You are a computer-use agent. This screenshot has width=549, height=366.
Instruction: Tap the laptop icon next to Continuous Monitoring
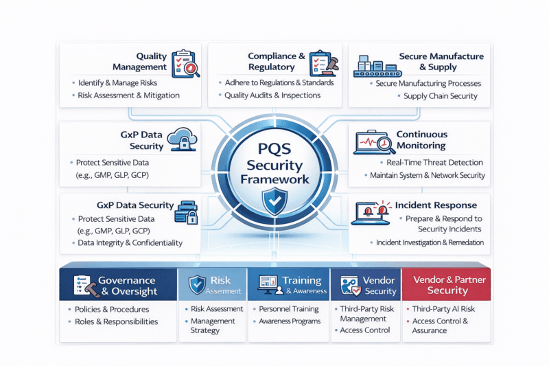click(x=373, y=143)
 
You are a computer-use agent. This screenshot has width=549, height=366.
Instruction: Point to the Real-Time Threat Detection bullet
click(x=434, y=163)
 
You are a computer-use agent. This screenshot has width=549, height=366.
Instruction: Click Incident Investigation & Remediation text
click(x=430, y=242)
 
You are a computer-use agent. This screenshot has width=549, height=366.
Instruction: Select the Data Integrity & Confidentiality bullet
click(x=130, y=242)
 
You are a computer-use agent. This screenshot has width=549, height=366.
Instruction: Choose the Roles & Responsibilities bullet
click(x=117, y=321)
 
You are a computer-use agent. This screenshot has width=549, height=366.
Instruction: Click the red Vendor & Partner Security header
click(x=447, y=285)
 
